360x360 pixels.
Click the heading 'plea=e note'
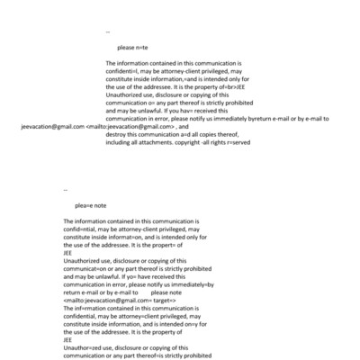point(91,205)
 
